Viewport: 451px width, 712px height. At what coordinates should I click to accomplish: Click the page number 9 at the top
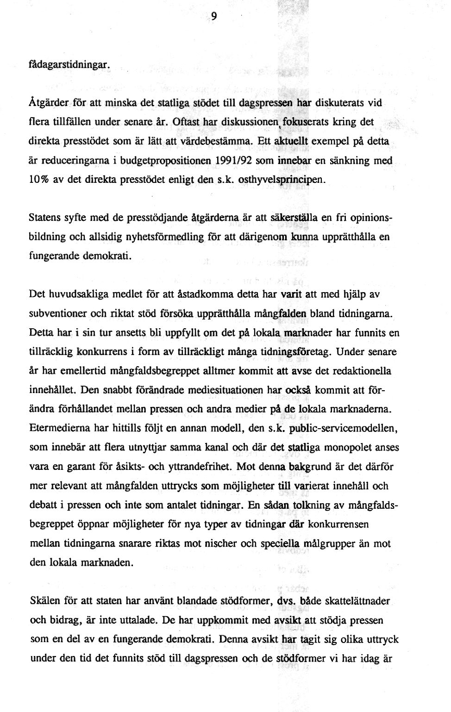tap(214, 17)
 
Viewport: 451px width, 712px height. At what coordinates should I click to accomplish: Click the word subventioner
tap(58, 313)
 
